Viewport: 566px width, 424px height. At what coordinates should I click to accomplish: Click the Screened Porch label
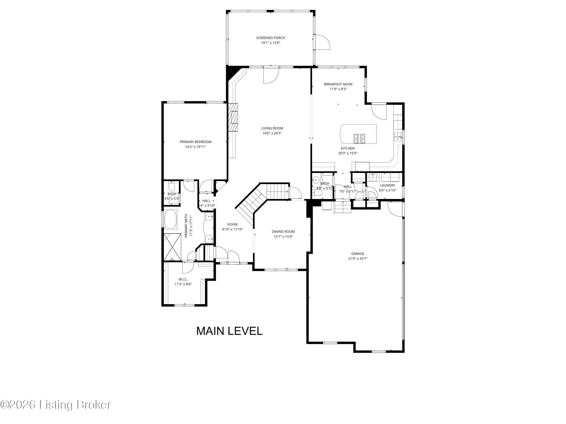tap(271, 38)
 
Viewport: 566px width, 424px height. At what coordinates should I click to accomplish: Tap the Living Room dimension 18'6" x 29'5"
tap(272, 133)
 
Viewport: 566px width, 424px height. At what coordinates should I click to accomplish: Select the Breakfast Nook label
tap(338, 84)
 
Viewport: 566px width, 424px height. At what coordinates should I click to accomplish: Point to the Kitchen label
tap(348, 148)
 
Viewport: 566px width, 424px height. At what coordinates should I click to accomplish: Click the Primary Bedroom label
tap(195, 142)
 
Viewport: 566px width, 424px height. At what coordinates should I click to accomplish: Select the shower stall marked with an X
tap(172, 247)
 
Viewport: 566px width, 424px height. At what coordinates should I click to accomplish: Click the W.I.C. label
tap(183, 279)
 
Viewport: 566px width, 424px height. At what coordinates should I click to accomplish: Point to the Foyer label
tap(232, 225)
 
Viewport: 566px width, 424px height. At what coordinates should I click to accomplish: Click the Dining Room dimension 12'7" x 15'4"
tap(283, 236)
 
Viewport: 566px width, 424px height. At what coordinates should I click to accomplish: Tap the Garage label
tap(358, 253)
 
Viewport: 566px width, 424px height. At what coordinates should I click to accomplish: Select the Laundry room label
tap(387, 185)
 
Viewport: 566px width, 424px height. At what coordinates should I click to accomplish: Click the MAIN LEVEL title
tap(229, 331)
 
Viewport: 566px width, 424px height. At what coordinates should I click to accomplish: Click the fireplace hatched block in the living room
tap(233, 117)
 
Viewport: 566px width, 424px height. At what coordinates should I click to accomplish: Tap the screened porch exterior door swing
tap(322, 42)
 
